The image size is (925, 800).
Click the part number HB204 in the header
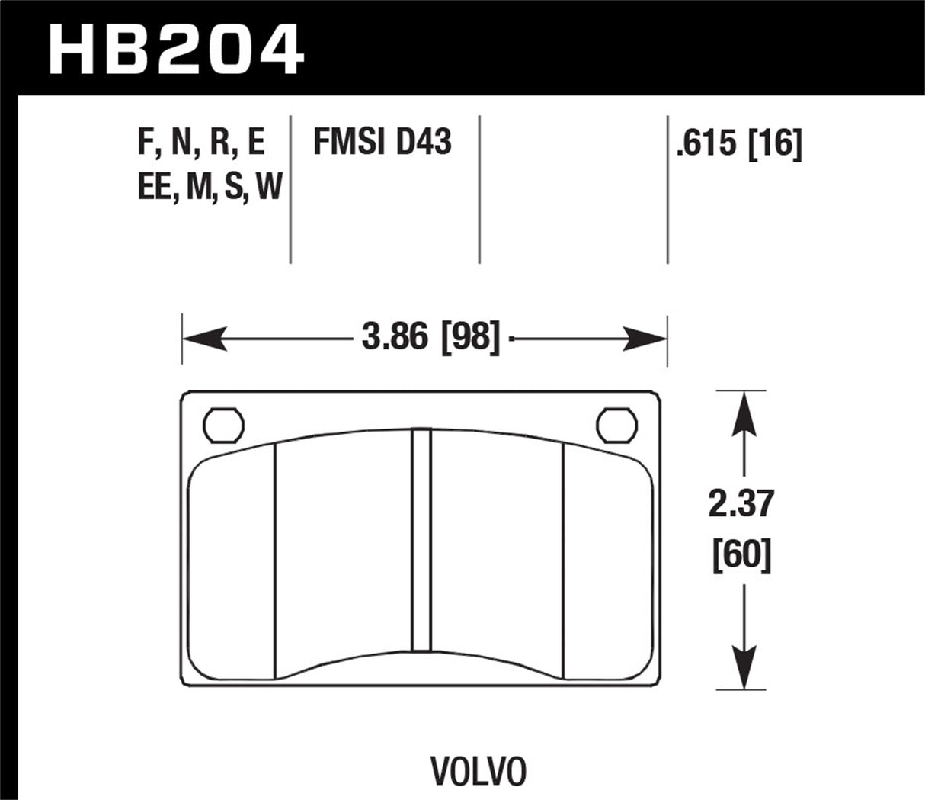[176, 48]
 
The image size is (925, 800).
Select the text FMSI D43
[382, 143]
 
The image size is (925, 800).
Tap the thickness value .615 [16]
[738, 144]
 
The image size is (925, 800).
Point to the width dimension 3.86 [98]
[430, 337]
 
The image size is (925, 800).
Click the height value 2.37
[741, 504]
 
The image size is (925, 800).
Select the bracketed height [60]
[741, 554]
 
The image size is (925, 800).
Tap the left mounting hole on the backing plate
[223, 424]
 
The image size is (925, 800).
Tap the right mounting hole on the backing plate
[616, 424]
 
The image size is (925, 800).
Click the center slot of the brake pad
[421, 541]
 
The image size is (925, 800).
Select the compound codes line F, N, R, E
[201, 143]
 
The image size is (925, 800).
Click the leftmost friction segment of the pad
[232, 564]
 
